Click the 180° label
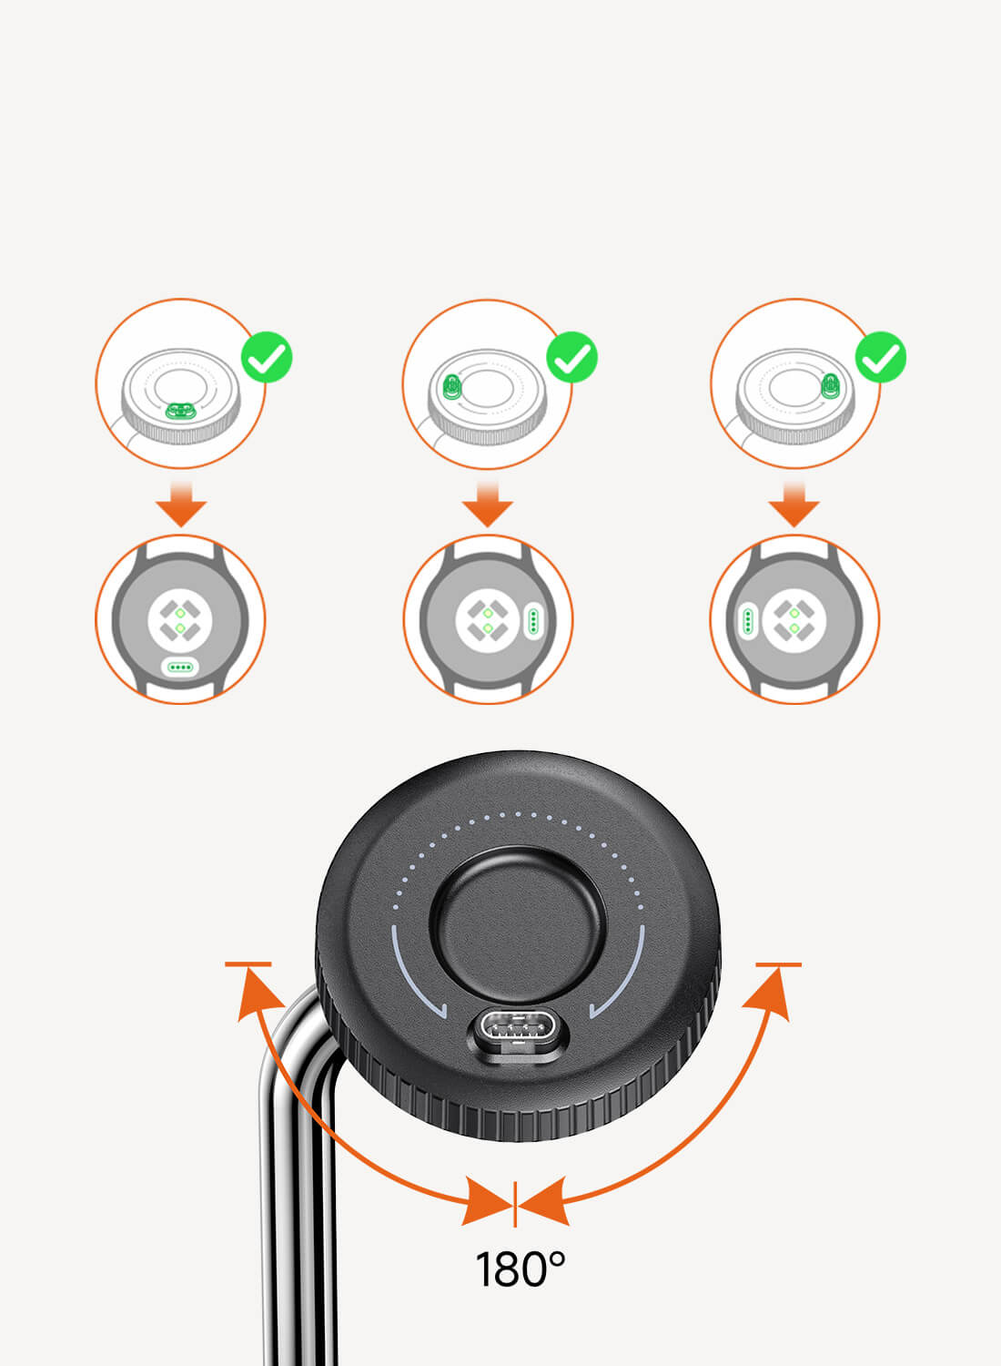pos(520,1269)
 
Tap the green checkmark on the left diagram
pos(267,357)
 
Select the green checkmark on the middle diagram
pos(572,357)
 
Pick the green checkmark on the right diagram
pos(880,357)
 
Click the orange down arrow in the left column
pos(181,504)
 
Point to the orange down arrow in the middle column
pos(488,504)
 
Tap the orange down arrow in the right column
pos(794,504)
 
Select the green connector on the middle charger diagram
pos(452,387)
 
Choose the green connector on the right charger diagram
pos(830,386)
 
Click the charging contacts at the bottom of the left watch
pos(181,668)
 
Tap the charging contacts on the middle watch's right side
pos(533,621)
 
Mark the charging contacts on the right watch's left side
pos(747,621)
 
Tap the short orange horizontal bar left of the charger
pos(248,964)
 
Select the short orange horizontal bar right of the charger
pos(779,964)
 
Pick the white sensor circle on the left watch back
pos(180,620)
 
